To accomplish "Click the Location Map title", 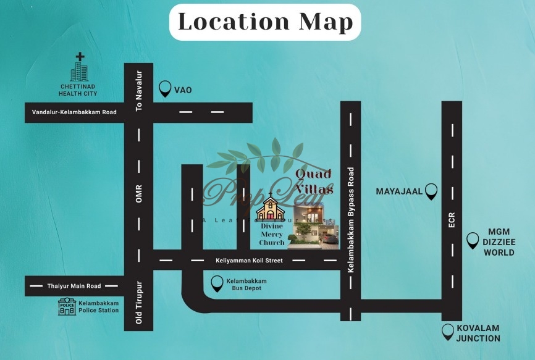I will coord(265,22).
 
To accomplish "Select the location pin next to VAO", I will coord(165,90).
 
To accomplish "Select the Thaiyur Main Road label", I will coord(74,286).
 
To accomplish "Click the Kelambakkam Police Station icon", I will coord(67,306).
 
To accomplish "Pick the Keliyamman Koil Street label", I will coord(249,261).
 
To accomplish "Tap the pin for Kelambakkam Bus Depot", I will coord(217,283).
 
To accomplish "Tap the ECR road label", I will coord(452,220).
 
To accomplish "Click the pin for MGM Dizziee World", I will coord(473,240).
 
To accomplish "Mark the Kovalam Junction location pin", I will coord(448,332).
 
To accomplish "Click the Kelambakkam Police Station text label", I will coord(99,306).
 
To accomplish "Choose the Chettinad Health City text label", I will coord(78,90).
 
